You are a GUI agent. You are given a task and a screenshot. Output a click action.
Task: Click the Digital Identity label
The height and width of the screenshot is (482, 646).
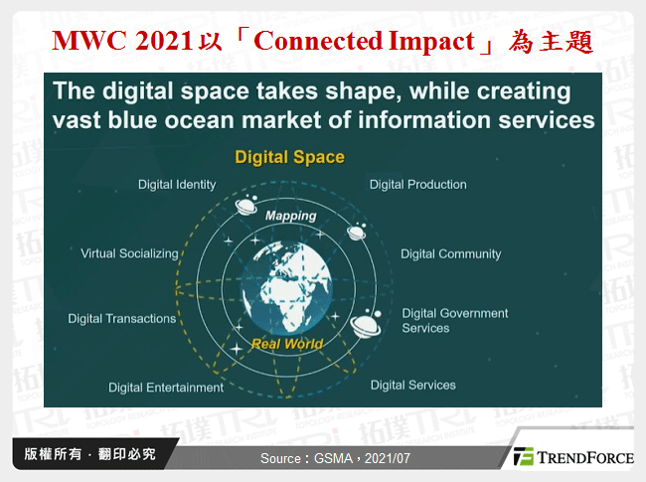coord(176,185)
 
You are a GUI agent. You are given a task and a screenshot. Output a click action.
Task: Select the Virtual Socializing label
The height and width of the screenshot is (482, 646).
coord(129,253)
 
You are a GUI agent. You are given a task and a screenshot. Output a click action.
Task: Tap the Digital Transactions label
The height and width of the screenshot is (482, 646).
coord(121,319)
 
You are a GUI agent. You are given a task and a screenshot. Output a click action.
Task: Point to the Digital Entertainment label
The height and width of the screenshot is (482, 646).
coord(166,388)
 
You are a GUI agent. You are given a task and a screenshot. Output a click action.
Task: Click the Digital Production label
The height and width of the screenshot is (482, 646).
coord(417,184)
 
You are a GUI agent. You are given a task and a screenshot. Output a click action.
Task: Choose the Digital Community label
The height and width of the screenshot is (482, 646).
coord(450,253)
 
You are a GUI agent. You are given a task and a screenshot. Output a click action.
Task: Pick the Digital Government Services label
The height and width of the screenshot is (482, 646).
coord(454,320)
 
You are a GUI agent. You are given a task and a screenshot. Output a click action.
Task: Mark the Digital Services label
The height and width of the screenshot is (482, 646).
coord(412,385)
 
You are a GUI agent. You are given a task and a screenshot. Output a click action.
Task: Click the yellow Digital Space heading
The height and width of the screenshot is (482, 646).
coord(289,157)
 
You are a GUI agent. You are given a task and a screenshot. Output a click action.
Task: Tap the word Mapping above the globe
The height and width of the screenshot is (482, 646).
coord(290,215)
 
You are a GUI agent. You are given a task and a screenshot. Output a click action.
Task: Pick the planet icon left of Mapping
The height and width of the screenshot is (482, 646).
coord(243,206)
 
